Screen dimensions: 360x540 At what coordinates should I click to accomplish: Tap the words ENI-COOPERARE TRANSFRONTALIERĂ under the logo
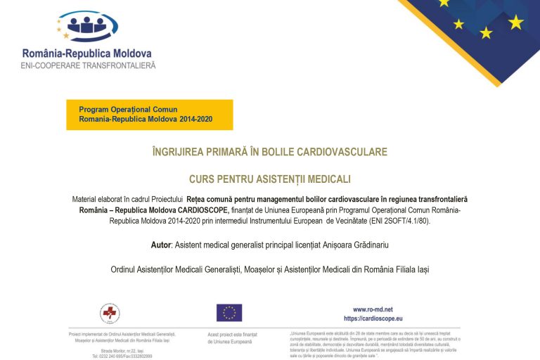[89, 65]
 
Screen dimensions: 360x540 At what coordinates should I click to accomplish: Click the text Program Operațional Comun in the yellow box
[128, 110]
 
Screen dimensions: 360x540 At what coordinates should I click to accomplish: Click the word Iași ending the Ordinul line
[419, 269]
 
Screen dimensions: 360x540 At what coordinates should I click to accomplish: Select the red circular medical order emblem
[110, 312]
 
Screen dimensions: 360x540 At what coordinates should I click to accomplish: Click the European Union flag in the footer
[229, 312]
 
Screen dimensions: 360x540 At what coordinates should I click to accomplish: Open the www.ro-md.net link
[373, 309]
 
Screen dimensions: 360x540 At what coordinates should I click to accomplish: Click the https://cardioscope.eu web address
[373, 319]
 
